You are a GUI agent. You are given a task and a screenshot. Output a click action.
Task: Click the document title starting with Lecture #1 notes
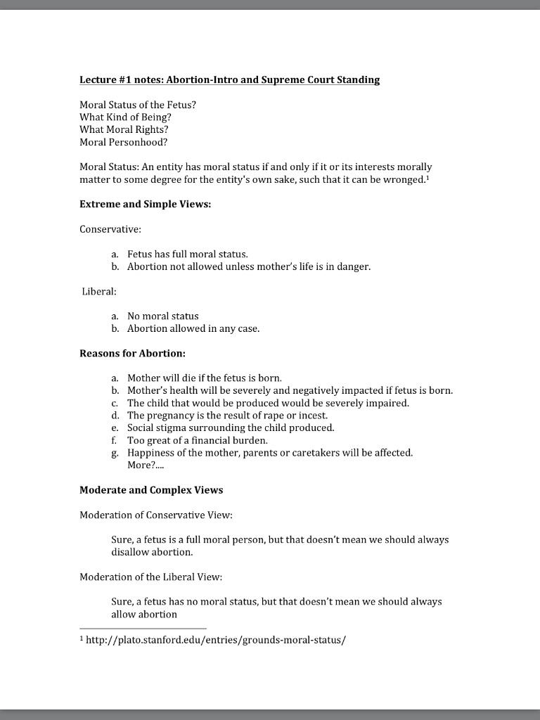tap(229, 80)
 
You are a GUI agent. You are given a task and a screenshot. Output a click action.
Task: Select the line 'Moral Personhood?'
tap(124, 142)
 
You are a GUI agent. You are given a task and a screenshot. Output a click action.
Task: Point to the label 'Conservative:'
tap(110, 229)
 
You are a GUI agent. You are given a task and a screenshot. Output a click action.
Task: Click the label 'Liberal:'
tap(99, 291)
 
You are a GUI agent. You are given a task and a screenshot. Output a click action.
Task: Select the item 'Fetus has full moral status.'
tap(188, 254)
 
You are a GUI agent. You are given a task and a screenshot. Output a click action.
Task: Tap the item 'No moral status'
tap(163, 316)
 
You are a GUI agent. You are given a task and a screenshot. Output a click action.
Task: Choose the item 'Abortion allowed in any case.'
tap(193, 328)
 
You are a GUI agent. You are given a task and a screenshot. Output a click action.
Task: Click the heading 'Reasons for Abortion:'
tap(132, 353)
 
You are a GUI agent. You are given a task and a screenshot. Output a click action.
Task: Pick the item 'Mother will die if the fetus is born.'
tap(205, 378)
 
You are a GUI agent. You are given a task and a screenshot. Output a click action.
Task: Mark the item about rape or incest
tap(227, 416)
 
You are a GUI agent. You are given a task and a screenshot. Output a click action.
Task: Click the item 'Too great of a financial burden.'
tap(198, 440)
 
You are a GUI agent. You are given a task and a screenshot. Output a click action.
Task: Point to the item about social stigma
tap(231, 427)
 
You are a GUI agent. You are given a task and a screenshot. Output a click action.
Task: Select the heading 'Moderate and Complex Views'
tap(151, 490)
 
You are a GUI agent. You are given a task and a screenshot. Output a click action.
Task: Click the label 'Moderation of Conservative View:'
tap(155, 515)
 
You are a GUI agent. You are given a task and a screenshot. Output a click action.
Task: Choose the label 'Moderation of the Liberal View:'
tap(150, 577)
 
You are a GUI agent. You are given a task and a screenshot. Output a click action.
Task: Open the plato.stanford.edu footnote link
tap(216, 640)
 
